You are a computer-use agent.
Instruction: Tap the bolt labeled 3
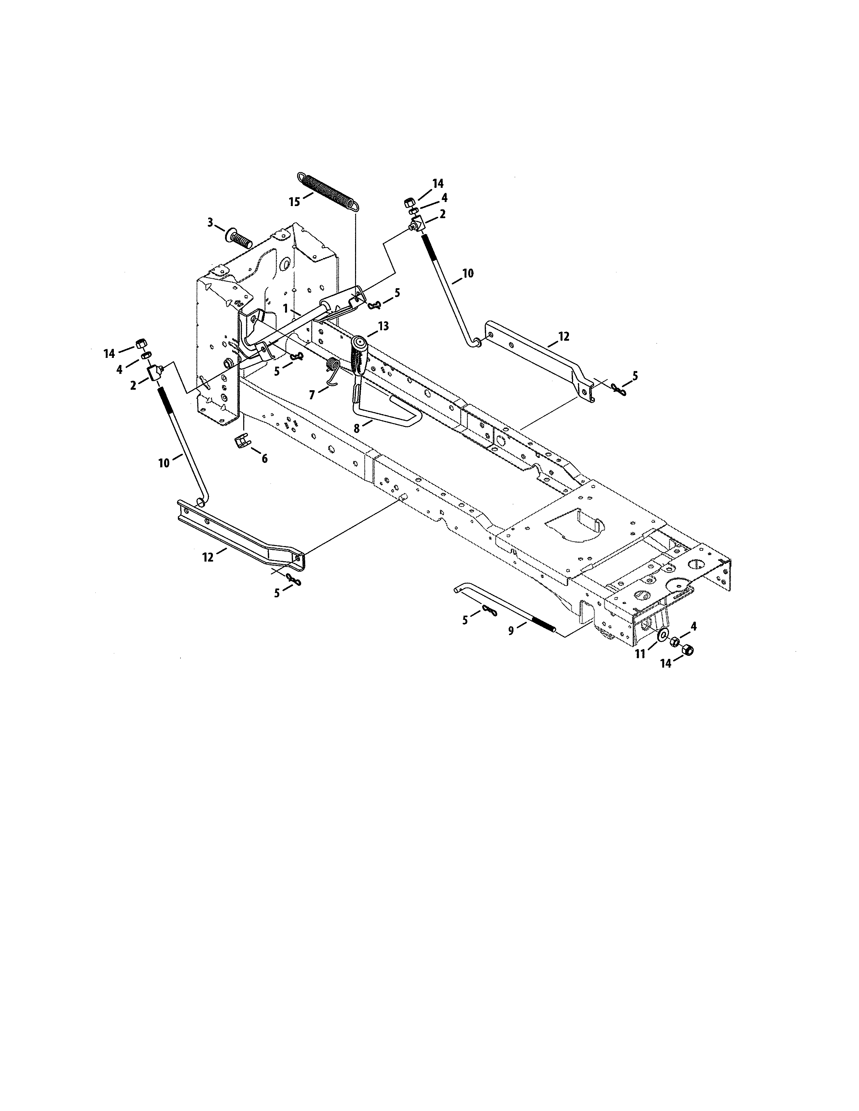pos(239,238)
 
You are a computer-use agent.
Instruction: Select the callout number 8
pos(356,428)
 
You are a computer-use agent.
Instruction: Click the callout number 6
pos(264,458)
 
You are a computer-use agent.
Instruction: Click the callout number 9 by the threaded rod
pos(511,630)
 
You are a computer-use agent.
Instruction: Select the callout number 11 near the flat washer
pos(640,654)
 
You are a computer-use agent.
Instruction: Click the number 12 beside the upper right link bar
pos(563,336)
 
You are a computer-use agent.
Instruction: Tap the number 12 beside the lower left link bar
pos(208,558)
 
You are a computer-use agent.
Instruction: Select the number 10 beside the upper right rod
pos(467,273)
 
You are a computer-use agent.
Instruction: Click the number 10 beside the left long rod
pos(164,463)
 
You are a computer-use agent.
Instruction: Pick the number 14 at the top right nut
pos(438,183)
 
